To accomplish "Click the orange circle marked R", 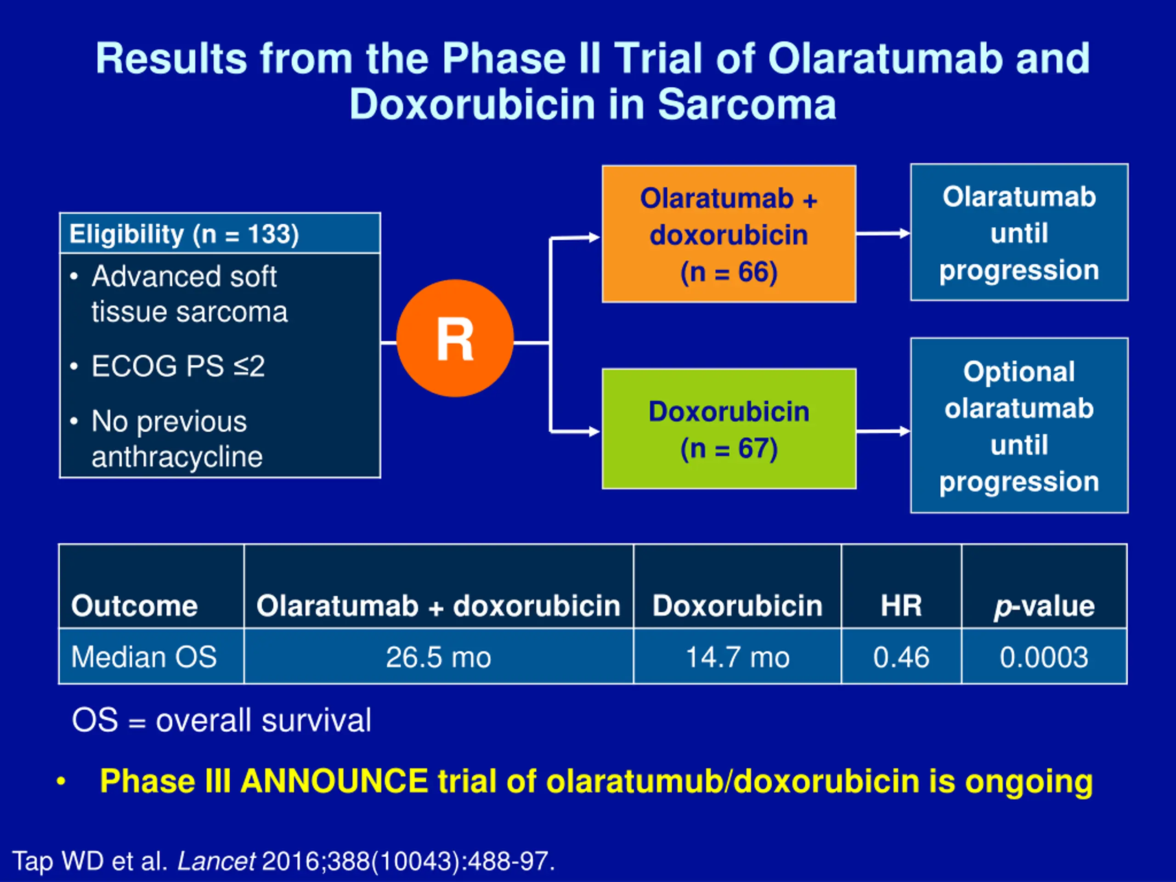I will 455,338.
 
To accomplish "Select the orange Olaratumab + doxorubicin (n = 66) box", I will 729,234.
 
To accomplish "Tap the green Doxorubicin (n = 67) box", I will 729,429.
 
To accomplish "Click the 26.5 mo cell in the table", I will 438,657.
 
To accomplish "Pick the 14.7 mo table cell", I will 737,657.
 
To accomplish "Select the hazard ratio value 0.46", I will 901,657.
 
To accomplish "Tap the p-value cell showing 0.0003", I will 1044,657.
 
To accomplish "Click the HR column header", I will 901,605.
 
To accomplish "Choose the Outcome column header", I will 134,605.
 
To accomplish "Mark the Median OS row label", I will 144,657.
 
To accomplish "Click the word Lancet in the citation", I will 216,861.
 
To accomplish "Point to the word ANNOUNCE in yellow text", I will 334,781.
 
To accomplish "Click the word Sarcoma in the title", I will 746,104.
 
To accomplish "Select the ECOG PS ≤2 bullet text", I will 178,366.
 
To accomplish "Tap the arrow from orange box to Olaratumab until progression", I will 882,233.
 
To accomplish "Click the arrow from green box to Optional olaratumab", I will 882,431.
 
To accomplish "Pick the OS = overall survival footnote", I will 221,721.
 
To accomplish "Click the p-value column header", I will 1044,605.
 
